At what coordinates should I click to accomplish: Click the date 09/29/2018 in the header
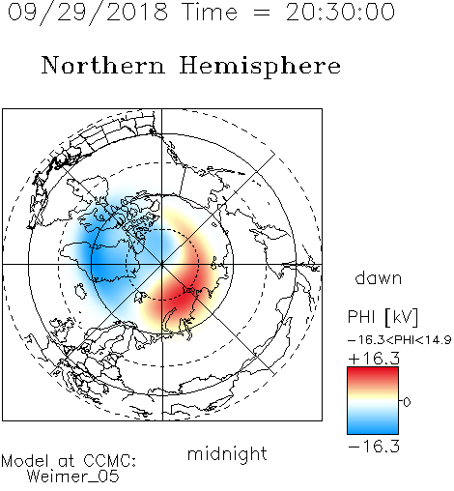click(88, 13)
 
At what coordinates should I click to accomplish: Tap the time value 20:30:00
click(340, 13)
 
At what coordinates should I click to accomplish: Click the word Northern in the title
click(103, 65)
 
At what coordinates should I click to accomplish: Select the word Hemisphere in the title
click(260, 67)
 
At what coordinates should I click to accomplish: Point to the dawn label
click(378, 277)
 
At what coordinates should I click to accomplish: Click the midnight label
click(227, 455)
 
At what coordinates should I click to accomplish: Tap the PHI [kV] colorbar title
click(383, 317)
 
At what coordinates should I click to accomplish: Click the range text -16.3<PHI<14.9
click(399, 340)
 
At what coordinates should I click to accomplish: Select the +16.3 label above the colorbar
click(374, 359)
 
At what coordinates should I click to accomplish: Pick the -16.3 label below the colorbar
click(374, 447)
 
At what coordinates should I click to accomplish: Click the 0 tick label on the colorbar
click(407, 402)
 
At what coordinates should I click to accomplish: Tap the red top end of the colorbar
click(373, 370)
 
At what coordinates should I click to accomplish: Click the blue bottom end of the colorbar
click(373, 430)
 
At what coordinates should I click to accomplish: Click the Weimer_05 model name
click(73, 477)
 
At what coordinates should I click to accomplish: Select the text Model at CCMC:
click(69, 461)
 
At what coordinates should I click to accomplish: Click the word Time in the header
click(210, 13)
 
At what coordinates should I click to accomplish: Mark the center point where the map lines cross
click(162, 265)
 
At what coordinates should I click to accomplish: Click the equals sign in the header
click(262, 14)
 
